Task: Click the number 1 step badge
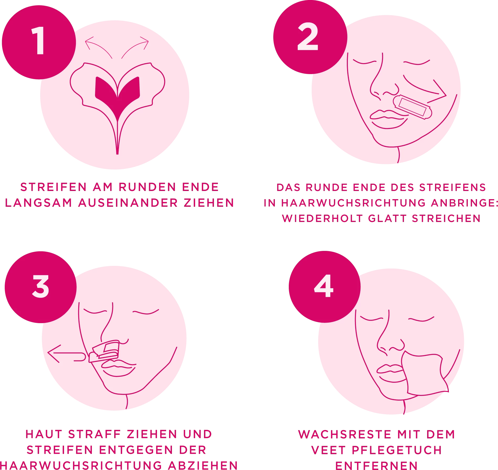[39, 42]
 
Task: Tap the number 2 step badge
[310, 37]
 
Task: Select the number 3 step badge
[41, 287]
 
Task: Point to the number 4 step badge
[324, 287]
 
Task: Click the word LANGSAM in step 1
[39, 203]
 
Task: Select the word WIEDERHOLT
[322, 219]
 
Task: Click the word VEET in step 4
[328, 450]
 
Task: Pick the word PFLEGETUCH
[397, 450]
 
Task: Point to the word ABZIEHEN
[203, 465]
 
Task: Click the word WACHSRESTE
[345, 434]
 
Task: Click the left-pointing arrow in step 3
[66, 354]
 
